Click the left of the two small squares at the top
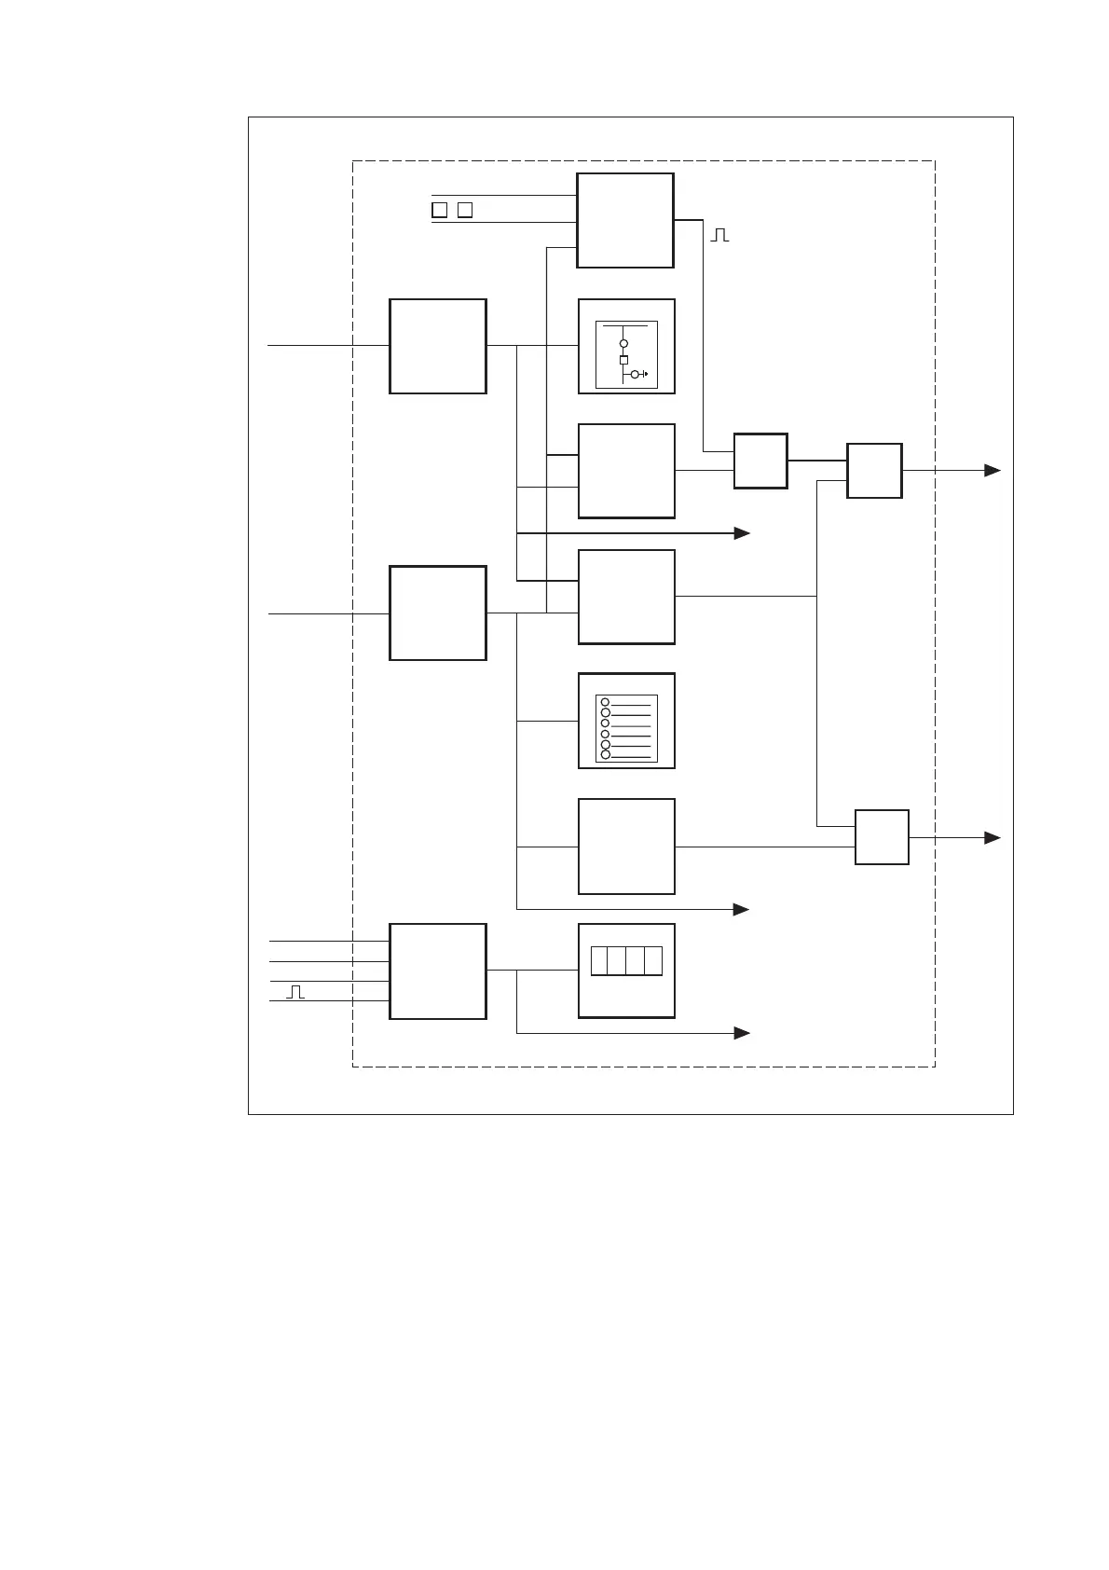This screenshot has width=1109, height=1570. pyautogui.click(x=439, y=210)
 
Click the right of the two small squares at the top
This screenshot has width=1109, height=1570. pyautogui.click(x=465, y=210)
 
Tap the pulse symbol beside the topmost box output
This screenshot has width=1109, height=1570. pyautogui.click(x=719, y=235)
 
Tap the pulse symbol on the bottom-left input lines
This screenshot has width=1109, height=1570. pyautogui.click(x=295, y=991)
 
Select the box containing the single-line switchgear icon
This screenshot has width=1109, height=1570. pyautogui.click(x=626, y=346)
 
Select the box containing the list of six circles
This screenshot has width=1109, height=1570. pyautogui.click(x=626, y=721)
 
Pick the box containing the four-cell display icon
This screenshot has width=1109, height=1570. pyautogui.click(x=626, y=971)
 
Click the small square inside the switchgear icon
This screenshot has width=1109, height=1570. pyautogui.click(x=623, y=360)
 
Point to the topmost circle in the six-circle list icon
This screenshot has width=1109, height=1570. pyautogui.click(x=605, y=702)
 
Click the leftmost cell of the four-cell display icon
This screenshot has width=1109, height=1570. pyautogui.click(x=599, y=961)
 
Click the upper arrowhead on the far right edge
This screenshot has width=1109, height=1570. pyautogui.click(x=993, y=471)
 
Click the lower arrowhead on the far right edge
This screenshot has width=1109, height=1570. pyautogui.click(x=993, y=838)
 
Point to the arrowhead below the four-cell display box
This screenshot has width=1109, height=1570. pyautogui.click(x=742, y=1033)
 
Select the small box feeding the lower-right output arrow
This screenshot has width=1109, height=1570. pyautogui.click(x=882, y=837)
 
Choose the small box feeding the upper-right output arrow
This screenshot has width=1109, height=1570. pyautogui.click(x=874, y=471)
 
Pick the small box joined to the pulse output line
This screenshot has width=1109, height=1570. pyautogui.click(x=760, y=461)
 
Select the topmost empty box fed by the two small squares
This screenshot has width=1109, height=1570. pyautogui.click(x=625, y=220)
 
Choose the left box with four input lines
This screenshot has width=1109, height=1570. pyautogui.click(x=437, y=971)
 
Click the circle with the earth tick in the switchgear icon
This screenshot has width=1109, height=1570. pyautogui.click(x=635, y=374)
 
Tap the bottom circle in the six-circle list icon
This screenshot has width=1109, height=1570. pyautogui.click(x=605, y=754)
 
